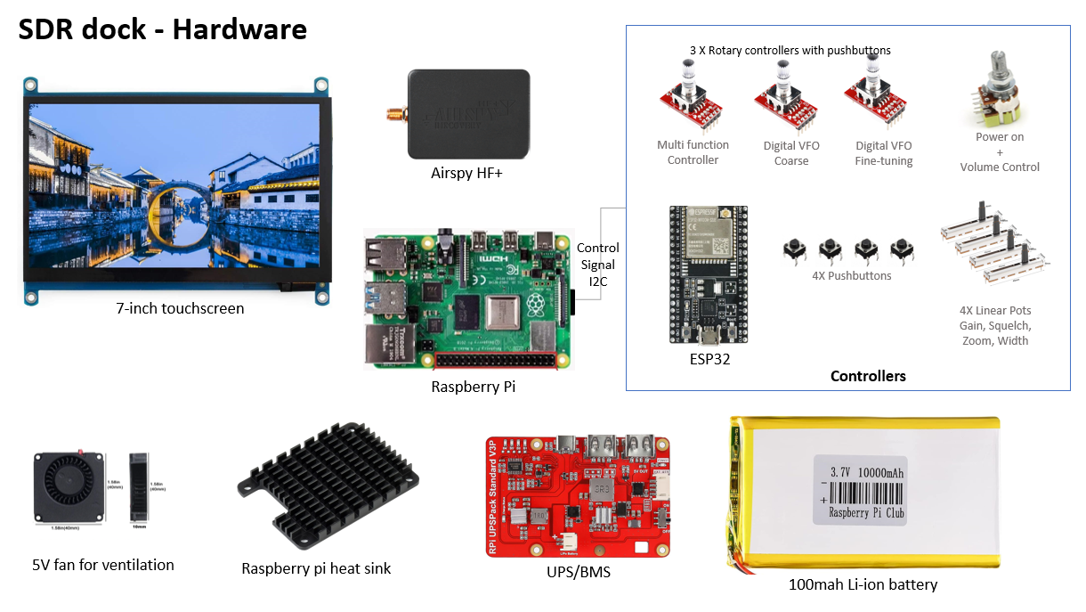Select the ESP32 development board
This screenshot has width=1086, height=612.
pyautogui.click(x=709, y=275)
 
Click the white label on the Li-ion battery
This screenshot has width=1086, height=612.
pyautogui.click(x=861, y=490)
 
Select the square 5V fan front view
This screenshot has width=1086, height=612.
pyautogui.click(x=69, y=486)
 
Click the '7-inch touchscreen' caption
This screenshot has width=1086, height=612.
pyautogui.click(x=180, y=308)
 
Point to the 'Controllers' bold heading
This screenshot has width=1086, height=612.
pyautogui.click(x=868, y=376)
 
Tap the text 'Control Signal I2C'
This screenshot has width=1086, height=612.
pyautogui.click(x=597, y=265)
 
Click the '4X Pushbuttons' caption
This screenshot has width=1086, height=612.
pyautogui.click(x=852, y=275)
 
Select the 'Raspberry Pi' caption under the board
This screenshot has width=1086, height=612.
pyautogui.click(x=473, y=387)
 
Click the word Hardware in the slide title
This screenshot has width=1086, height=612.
pyautogui.click(x=239, y=29)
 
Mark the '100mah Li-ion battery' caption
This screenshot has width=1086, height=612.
pyautogui.click(x=863, y=584)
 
